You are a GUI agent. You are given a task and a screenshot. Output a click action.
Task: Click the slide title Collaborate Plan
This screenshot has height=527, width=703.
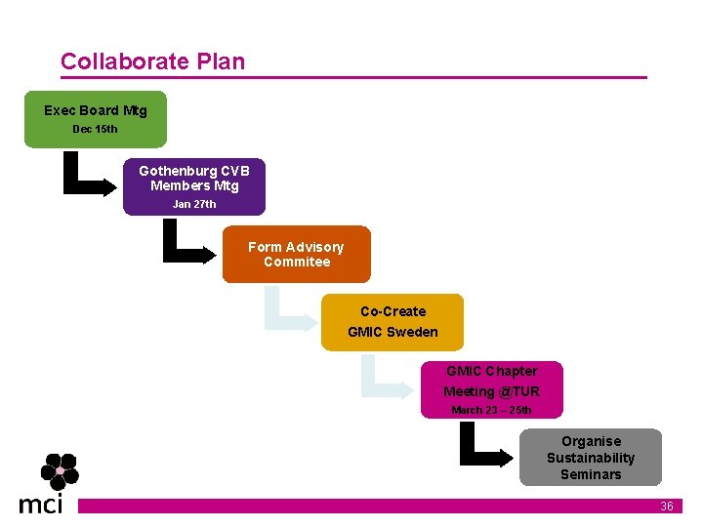click(x=152, y=61)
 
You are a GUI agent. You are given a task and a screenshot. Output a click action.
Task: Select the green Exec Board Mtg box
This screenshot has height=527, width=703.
click(x=96, y=119)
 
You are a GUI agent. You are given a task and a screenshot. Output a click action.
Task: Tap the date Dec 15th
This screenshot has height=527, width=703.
click(x=95, y=129)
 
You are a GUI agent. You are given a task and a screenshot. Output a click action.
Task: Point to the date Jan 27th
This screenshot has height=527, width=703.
click(x=194, y=204)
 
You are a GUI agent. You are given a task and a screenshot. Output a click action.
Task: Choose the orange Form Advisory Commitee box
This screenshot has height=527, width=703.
click(x=296, y=255)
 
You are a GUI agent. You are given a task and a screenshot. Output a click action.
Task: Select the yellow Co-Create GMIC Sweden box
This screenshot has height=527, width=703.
click(x=393, y=322)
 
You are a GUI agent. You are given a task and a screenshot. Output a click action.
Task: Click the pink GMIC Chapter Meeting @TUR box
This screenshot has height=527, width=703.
click(x=491, y=389)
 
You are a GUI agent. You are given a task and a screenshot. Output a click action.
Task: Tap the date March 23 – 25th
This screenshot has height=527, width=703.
click(x=491, y=410)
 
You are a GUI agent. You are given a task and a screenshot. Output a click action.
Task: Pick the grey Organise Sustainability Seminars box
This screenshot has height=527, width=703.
click(x=591, y=457)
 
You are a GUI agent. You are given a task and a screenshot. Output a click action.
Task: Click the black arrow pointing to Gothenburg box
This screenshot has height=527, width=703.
click(x=87, y=178)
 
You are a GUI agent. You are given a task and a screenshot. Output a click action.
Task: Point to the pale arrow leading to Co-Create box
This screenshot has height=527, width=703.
click(x=290, y=310)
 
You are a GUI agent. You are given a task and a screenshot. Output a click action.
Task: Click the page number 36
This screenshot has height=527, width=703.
click(x=667, y=507)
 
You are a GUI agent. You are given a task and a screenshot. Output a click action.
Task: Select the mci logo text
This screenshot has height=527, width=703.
click(x=41, y=504)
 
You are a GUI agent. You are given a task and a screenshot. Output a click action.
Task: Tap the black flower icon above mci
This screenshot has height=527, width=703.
click(x=60, y=471)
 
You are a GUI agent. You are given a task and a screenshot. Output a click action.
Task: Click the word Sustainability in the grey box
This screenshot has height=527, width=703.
click(x=591, y=458)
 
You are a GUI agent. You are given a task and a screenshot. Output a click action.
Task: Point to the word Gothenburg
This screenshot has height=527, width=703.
click(x=178, y=171)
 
